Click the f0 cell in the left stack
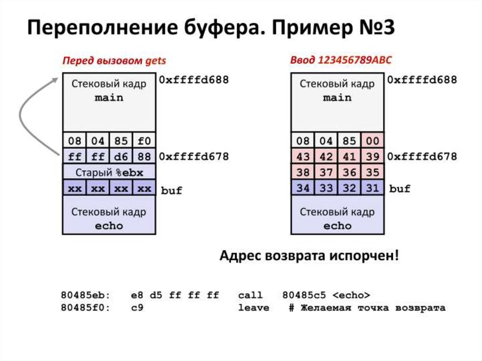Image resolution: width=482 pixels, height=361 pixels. point(144,141)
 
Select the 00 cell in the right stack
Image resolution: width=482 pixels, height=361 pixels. point(373,141)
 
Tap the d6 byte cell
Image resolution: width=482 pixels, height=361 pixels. point(121,156)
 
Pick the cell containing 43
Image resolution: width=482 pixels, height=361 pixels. point(303,156)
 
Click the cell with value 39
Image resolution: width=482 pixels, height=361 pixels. point(373,156)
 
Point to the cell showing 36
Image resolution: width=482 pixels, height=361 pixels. point(349,172)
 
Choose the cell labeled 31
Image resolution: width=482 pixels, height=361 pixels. point(373,188)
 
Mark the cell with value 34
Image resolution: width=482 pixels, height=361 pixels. point(303,188)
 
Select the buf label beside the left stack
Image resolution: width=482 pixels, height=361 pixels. point(171,191)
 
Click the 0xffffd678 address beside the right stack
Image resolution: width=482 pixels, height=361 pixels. point(422,156)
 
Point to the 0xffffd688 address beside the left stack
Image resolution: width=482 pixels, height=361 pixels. point(193,80)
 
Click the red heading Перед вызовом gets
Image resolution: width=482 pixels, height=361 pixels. point(114,61)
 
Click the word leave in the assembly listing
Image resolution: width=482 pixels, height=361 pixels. point(254,308)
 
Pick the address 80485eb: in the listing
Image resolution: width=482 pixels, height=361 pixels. point(85,295)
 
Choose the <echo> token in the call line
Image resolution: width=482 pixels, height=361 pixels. point(351,295)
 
